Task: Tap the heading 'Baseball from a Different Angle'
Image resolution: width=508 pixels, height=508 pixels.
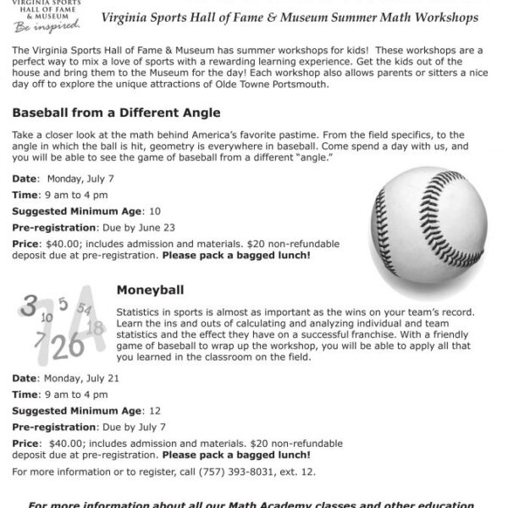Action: coord(116,113)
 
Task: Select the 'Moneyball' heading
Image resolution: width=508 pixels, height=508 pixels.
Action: coord(150,289)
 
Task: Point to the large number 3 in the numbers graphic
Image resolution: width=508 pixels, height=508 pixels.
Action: coord(30,307)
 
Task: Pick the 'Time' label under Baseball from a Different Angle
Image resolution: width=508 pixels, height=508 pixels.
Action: coord(25,195)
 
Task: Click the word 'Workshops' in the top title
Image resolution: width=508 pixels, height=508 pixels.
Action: coord(445,18)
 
